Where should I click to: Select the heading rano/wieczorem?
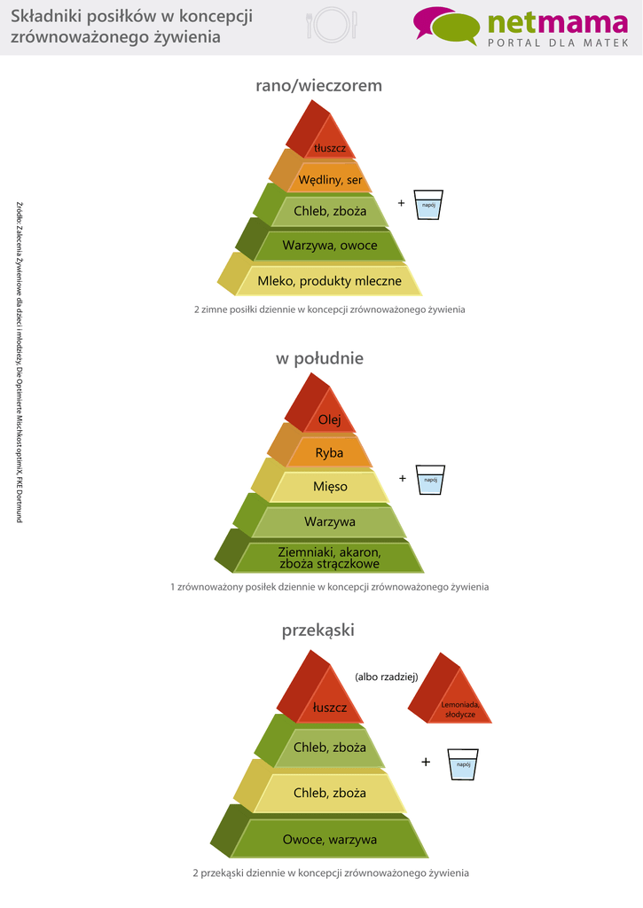(x=318, y=86)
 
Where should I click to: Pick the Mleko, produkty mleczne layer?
(x=329, y=281)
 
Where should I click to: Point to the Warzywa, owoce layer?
(x=329, y=246)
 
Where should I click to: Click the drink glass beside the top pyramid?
(x=429, y=206)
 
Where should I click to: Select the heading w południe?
(x=318, y=359)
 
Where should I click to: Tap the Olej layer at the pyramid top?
(x=329, y=419)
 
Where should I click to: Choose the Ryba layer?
(x=329, y=452)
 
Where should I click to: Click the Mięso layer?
(x=330, y=487)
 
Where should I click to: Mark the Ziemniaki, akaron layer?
(x=329, y=558)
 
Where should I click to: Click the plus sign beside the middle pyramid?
(x=402, y=479)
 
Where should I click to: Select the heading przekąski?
(x=318, y=630)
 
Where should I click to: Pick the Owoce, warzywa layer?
(x=329, y=839)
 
